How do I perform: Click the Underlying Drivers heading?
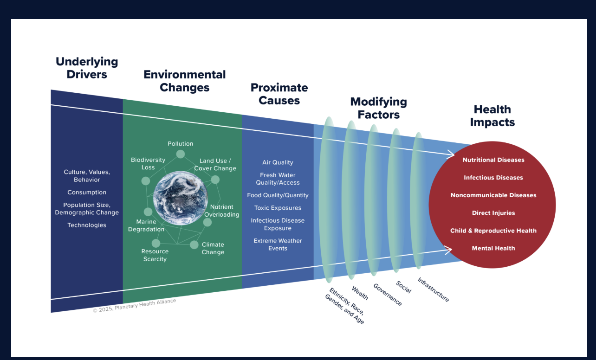[87, 68]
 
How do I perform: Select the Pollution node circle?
[181, 154]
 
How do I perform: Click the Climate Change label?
[213, 248]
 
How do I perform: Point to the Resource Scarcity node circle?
[156, 243]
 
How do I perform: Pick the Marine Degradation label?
[146, 225]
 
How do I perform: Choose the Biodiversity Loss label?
[148, 163]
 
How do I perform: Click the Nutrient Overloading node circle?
[207, 222]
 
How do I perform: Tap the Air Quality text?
[278, 162]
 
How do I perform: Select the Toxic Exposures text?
[278, 208]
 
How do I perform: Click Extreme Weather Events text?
[278, 244]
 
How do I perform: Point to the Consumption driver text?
[87, 192]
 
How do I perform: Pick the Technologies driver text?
[87, 225]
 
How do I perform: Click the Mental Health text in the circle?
[493, 248]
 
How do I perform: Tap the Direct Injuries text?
[493, 213]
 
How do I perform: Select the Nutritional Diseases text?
[493, 160]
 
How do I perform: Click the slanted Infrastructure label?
[434, 290]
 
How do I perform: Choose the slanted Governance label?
[388, 295]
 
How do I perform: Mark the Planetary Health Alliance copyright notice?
[135, 306]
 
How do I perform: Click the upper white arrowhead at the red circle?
[451, 154]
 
